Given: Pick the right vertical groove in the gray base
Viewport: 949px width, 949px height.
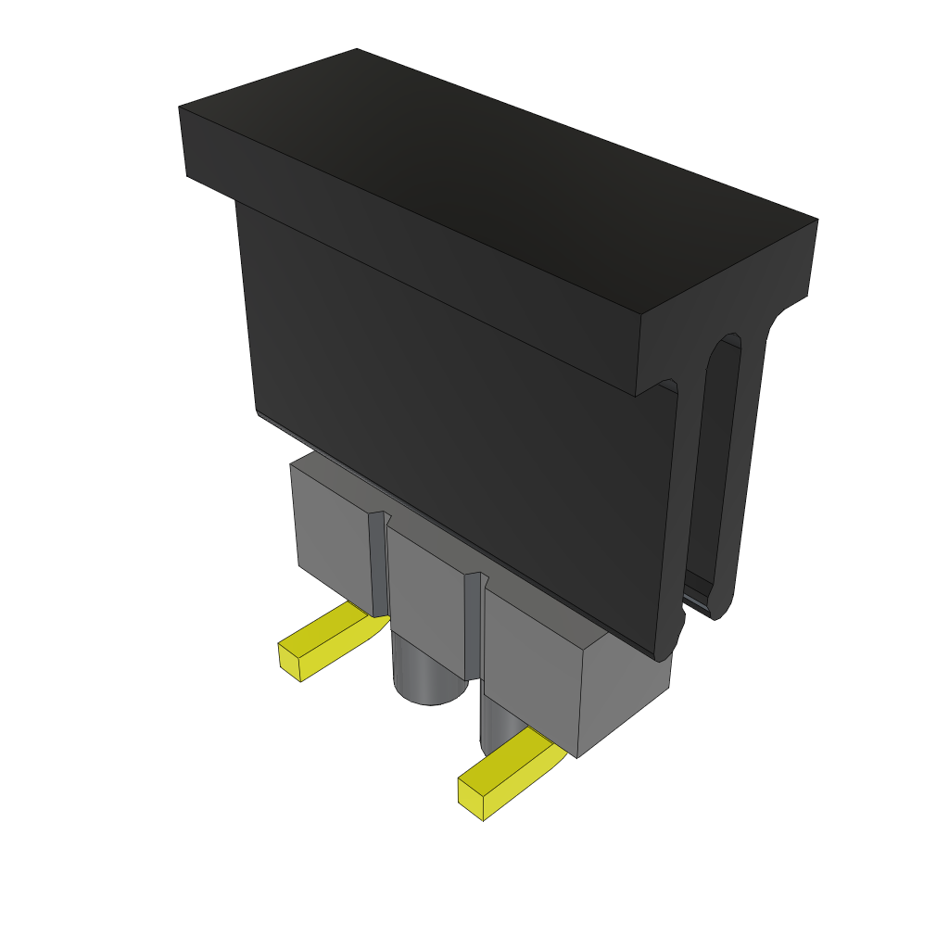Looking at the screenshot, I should point(473,630).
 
